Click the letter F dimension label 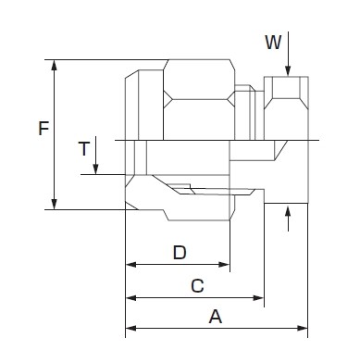click(x=43, y=129)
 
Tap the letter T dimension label click(x=84, y=149)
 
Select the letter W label click(x=273, y=43)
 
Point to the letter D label click(x=180, y=253)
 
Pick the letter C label click(x=197, y=286)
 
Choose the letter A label click(x=216, y=317)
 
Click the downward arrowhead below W click(x=288, y=70)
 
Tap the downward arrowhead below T click(x=96, y=169)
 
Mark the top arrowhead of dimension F click(x=55, y=65)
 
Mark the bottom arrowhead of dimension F click(x=55, y=204)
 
